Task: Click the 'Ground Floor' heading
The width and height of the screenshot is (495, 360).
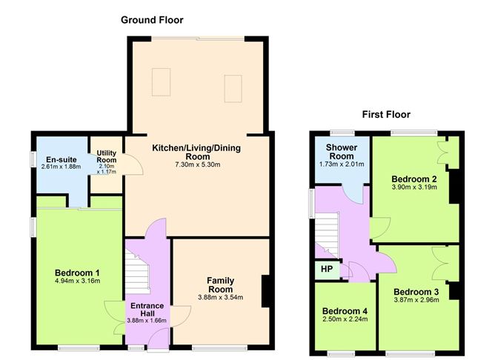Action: (x=152, y=20)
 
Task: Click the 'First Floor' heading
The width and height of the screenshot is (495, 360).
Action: (x=386, y=115)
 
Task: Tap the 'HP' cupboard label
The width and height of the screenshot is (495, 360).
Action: (x=325, y=270)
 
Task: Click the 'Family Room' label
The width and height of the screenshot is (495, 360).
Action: (x=220, y=284)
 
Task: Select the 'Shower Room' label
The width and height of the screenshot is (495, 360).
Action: (x=341, y=152)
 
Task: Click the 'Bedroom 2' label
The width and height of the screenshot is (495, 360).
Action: (x=413, y=179)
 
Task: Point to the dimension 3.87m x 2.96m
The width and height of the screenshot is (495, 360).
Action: (x=416, y=301)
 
